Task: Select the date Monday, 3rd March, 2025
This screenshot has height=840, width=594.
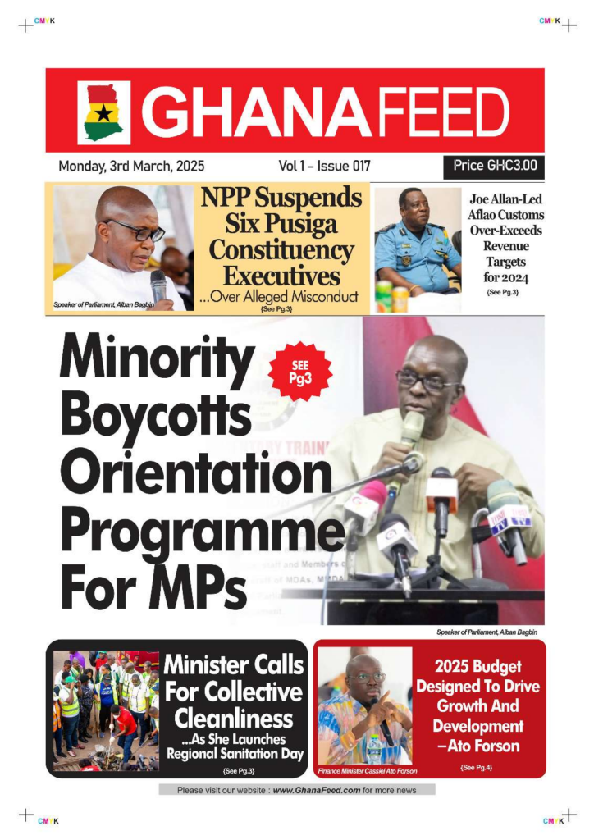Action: (x=131, y=166)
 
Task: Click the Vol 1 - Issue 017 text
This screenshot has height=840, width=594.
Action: (x=324, y=166)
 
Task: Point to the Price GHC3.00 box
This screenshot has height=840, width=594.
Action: (x=495, y=166)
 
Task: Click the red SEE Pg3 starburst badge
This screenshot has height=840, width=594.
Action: (x=299, y=372)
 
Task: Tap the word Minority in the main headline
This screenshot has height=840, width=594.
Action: (x=157, y=359)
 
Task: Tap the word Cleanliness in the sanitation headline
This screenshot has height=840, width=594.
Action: (x=234, y=719)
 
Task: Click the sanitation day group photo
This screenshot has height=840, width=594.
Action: (x=106, y=710)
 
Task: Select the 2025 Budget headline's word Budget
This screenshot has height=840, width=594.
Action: (x=499, y=667)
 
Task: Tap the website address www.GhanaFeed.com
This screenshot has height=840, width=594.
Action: (x=316, y=790)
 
